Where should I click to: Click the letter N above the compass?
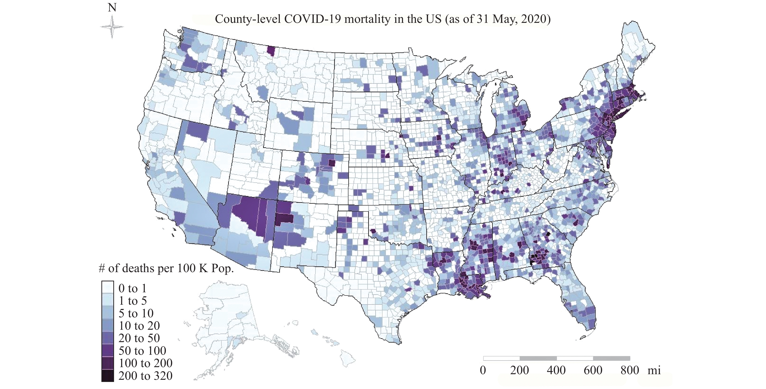click(x=112, y=8)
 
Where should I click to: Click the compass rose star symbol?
click(x=112, y=27)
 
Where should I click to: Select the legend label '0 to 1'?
click(x=132, y=288)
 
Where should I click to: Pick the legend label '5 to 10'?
click(x=136, y=313)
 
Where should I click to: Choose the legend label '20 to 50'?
click(x=139, y=338)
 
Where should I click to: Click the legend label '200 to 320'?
click(x=145, y=376)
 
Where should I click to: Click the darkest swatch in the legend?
click(x=107, y=376)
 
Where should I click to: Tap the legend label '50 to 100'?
click(x=142, y=351)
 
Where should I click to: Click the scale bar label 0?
click(x=483, y=370)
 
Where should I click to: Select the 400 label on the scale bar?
click(x=556, y=370)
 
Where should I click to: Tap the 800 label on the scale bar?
click(x=630, y=370)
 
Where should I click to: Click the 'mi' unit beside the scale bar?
click(x=654, y=370)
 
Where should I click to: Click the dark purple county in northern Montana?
click(x=271, y=51)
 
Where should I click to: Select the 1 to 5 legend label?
click(x=132, y=301)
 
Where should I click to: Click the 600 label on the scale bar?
click(x=593, y=370)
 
